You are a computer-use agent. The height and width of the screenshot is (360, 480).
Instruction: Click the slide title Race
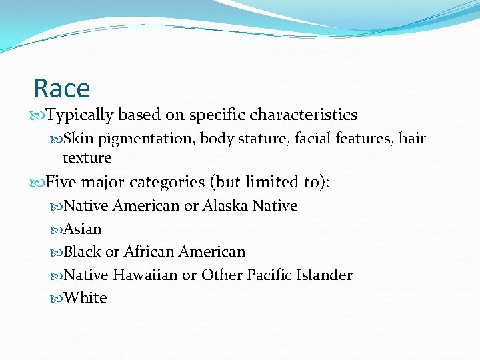(61, 88)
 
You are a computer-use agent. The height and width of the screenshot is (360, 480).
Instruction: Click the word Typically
(81, 115)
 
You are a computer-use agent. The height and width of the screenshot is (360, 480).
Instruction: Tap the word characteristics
(303, 115)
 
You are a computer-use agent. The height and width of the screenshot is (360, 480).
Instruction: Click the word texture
(87, 158)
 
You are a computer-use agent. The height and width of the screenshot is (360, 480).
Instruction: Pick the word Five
(62, 181)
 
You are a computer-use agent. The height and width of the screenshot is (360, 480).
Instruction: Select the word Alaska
(225, 205)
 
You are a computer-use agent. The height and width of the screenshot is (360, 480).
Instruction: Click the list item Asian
(83, 229)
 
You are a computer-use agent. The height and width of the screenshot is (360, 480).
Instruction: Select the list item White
(85, 297)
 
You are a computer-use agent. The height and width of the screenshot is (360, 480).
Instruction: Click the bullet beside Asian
(56, 229)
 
